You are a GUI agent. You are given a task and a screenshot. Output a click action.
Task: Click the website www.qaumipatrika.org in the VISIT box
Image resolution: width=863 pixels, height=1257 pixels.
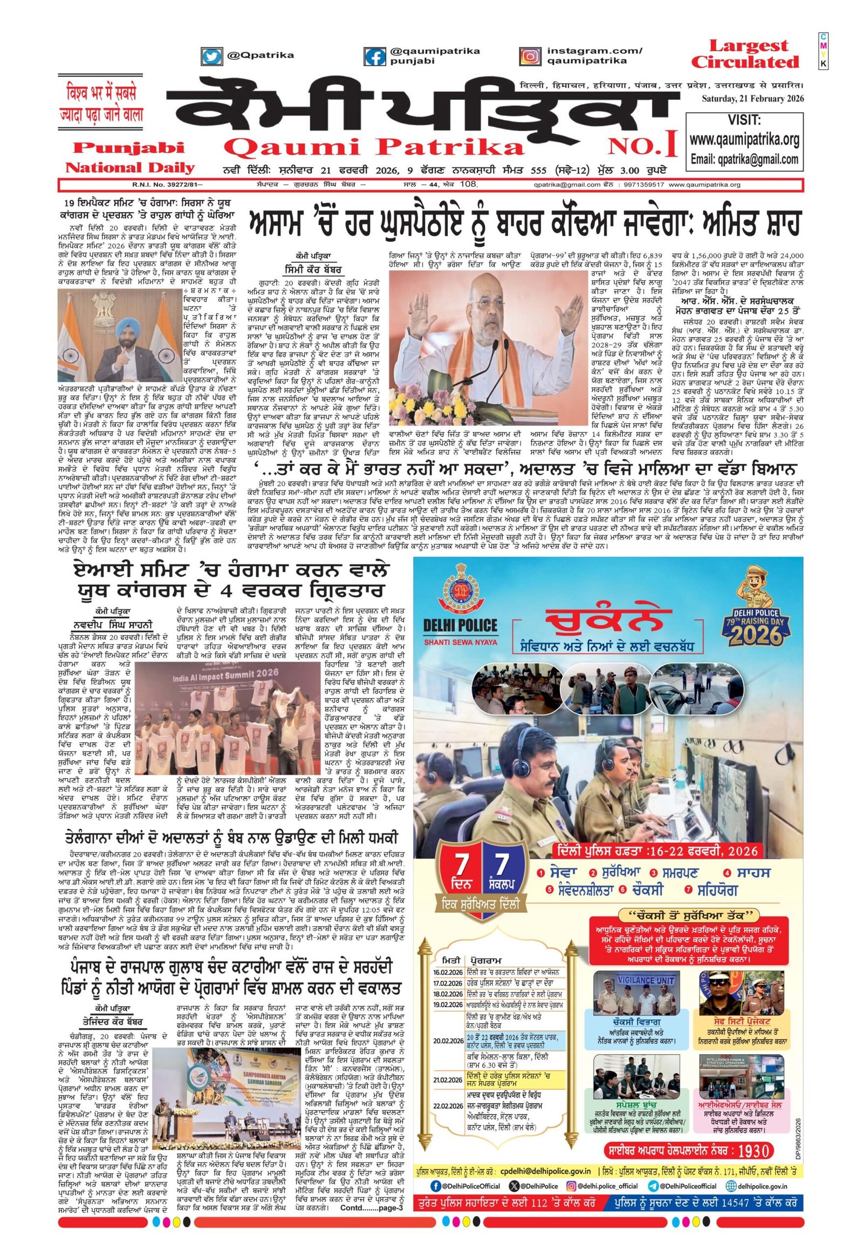[x=744, y=140]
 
